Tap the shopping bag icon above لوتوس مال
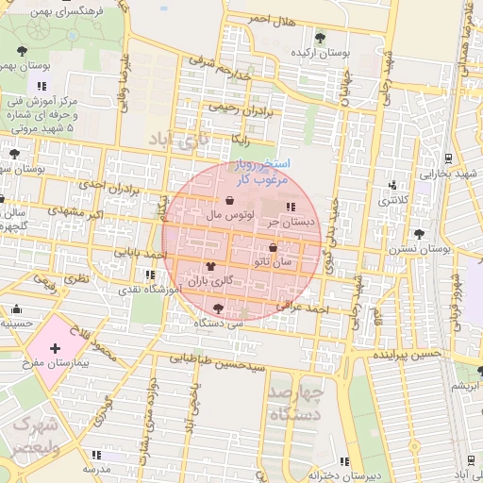tap(230, 200)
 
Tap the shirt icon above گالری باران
tap(209, 267)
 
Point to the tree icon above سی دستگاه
tap(219, 308)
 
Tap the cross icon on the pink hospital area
tap(56, 348)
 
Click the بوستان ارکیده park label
tap(320, 54)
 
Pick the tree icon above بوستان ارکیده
tap(320, 39)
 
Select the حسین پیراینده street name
tap(407, 355)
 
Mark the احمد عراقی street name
tap(302, 308)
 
